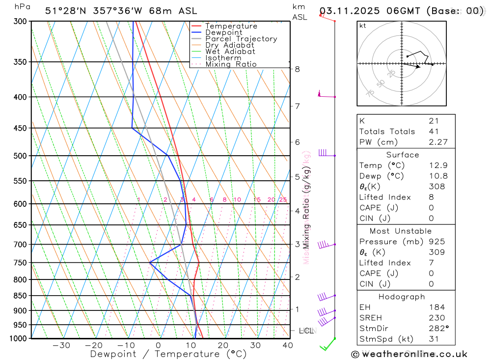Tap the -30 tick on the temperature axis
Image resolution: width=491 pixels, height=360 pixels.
pos(61,345)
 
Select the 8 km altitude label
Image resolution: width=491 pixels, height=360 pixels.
pos(297,69)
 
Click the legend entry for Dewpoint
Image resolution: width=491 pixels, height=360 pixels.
pos(223,32)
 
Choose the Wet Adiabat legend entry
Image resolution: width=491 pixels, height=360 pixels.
pos(230,51)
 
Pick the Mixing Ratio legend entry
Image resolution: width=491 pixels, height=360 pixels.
pos(231,64)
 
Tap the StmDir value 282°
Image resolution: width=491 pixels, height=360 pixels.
pos(438,329)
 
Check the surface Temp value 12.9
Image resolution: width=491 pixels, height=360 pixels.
pos(437,166)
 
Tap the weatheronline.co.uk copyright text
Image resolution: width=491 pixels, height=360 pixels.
pos(409,354)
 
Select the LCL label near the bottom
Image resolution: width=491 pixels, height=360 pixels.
pos(306,331)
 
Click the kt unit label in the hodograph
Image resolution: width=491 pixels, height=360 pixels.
pos(363,26)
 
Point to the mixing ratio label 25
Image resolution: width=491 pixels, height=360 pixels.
pos(283,199)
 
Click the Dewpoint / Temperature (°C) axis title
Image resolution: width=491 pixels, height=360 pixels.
pos(168,354)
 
